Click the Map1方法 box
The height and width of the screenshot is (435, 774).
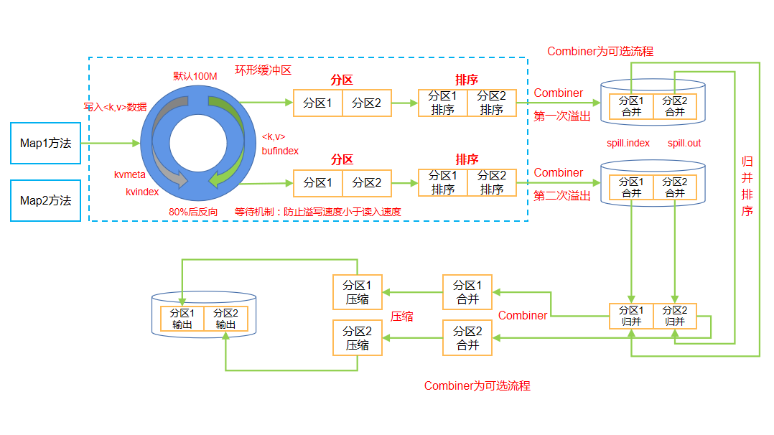tap(45, 144)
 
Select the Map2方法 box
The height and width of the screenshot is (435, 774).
tap(45, 200)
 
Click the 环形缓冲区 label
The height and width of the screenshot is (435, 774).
tap(263, 70)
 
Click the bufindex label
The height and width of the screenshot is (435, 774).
tap(280, 151)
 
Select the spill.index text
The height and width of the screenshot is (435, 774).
tap(628, 143)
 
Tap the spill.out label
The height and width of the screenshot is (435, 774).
tap(684, 143)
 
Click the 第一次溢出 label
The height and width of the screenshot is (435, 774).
tap(561, 116)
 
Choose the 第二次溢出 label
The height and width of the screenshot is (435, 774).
tap(561, 195)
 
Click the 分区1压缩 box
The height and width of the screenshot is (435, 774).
tap(357, 292)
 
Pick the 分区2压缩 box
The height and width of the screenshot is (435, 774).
tap(357, 337)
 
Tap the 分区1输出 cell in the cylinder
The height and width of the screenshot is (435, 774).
tap(182, 319)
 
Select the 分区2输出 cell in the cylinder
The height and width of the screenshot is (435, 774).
tap(225, 319)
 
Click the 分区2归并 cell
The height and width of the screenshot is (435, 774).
tap(675, 316)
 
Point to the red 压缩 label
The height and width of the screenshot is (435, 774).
tap(401, 316)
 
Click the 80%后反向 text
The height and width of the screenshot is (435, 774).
tap(193, 212)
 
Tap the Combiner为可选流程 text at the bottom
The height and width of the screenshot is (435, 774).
tap(477, 385)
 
